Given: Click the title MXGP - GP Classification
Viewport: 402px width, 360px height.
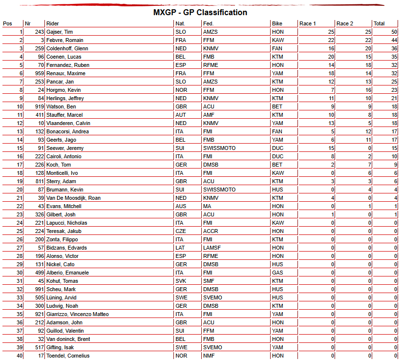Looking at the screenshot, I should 201,12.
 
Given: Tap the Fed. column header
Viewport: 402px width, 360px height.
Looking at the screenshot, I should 209,23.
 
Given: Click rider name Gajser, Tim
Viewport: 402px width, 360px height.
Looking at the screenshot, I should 60,32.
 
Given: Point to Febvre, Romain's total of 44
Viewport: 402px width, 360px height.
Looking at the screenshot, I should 394,40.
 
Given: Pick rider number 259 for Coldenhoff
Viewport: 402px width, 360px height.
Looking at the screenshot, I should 39,48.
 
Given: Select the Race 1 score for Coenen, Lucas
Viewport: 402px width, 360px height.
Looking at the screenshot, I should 331,57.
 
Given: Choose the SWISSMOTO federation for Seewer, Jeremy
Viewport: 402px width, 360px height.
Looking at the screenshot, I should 219,148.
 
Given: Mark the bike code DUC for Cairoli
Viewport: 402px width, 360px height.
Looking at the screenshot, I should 277,156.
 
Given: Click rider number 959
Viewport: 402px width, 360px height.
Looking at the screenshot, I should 39,73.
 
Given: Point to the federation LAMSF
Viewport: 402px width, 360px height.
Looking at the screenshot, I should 212,248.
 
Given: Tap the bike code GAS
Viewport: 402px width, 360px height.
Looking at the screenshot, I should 277,273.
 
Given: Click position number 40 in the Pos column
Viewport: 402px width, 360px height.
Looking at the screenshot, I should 20,356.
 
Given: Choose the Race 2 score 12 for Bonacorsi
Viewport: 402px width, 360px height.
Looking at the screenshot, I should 368,131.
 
